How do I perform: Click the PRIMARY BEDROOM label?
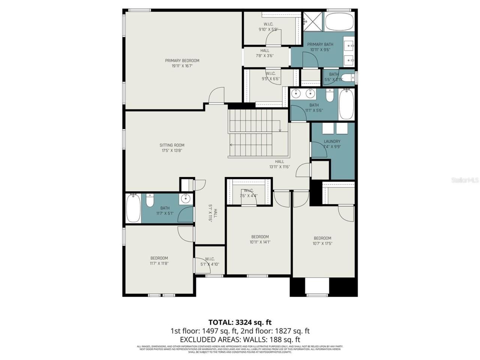(x=182, y=60)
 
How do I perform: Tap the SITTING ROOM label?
(x=172, y=145)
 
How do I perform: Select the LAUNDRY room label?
(x=332, y=141)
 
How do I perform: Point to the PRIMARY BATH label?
(x=320, y=44)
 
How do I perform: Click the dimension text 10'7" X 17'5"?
(x=322, y=243)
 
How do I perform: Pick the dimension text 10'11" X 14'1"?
(x=260, y=242)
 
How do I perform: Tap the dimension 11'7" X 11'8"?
(x=159, y=263)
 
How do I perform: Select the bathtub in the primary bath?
(x=339, y=22)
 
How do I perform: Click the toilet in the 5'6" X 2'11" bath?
(x=348, y=78)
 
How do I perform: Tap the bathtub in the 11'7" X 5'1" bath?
(x=133, y=208)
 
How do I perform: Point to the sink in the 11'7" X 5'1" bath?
(x=185, y=199)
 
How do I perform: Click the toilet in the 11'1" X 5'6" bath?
(x=330, y=97)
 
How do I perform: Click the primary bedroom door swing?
(x=216, y=95)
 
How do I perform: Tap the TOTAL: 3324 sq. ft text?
(x=240, y=322)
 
